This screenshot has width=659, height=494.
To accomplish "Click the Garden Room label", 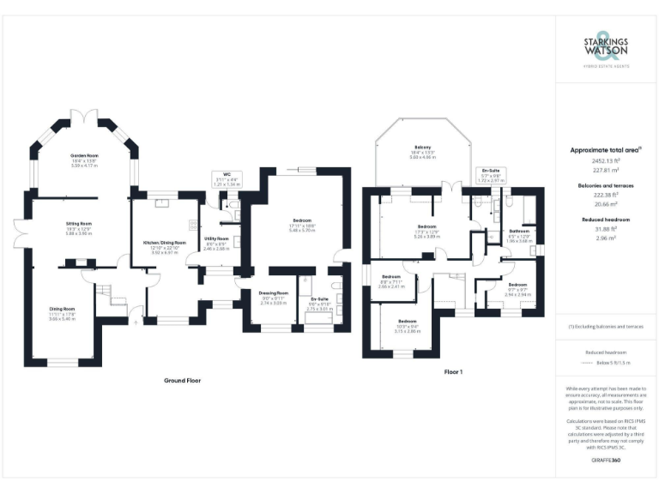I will (82, 156).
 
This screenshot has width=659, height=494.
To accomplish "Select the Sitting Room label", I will (79, 225).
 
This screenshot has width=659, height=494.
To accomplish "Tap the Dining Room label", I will (62, 308).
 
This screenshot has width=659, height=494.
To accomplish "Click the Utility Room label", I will (216, 238).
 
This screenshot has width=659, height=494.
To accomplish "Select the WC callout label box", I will (227, 178).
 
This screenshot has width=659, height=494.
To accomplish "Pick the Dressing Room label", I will (273, 293).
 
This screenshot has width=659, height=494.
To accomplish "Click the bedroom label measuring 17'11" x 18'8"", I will (300, 221).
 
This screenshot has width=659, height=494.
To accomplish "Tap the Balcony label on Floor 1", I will (423, 148).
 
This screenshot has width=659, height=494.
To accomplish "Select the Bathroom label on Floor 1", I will (519, 231).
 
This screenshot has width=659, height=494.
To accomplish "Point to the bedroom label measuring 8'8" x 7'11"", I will (391, 276).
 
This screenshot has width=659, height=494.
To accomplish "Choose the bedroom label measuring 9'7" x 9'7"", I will (517, 284).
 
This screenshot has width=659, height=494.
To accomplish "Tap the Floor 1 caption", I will (452, 371).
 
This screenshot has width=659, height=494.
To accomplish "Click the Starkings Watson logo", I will (607, 47).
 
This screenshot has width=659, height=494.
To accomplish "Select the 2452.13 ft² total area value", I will (607, 160).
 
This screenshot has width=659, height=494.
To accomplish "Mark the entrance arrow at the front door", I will (135, 322).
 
